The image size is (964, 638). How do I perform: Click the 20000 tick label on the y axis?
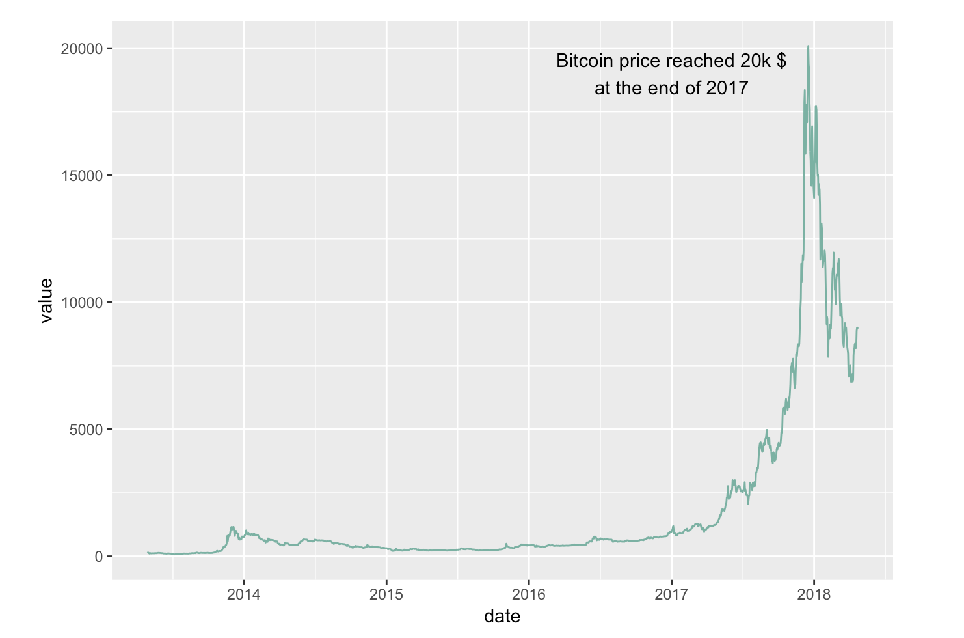(81, 49)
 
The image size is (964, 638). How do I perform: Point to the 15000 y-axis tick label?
(81, 176)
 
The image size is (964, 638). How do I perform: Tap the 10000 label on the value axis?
(81, 303)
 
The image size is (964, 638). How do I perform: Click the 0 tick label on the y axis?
(98, 557)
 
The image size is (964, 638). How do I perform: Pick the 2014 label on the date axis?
(243, 594)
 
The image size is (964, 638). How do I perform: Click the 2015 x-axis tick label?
(386, 594)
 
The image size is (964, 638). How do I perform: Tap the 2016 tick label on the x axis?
(529, 594)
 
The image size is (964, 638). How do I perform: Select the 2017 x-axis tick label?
(671, 594)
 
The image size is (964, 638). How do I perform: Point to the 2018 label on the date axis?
(814, 594)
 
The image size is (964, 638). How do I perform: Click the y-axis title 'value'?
(46, 300)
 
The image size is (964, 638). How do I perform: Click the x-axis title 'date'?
(502, 617)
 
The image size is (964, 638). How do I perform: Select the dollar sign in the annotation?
(781, 61)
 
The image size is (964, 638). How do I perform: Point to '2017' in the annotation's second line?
(727, 89)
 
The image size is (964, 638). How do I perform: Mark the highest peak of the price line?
(808, 46)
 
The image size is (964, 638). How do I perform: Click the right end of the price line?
(857, 327)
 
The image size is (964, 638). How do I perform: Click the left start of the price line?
(148, 552)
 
